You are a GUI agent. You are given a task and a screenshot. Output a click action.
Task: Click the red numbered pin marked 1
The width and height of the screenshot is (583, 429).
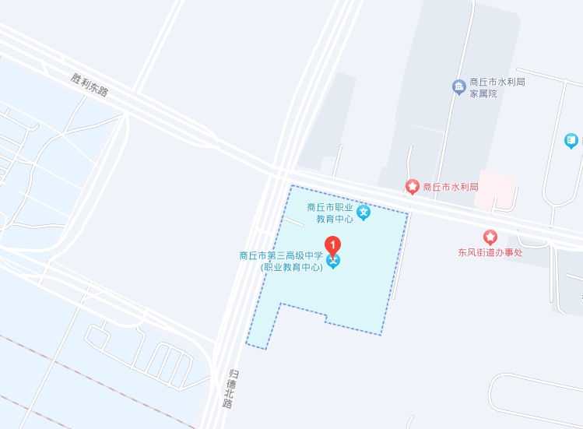333,244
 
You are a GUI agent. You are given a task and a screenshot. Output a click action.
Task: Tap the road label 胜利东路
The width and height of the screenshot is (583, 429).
89,84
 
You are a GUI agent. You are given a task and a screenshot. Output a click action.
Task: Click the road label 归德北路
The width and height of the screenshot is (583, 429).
227,387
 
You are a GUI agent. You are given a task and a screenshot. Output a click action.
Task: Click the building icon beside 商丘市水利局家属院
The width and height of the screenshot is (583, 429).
458,86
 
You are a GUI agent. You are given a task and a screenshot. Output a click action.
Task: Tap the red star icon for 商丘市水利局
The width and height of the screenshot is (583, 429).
412,186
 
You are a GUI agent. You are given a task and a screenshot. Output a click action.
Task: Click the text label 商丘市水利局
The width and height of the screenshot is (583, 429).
448,187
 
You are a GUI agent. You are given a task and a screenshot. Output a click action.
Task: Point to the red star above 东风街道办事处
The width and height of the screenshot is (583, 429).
490,237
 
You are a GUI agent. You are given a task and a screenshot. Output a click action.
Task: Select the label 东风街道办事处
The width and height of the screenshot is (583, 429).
490,252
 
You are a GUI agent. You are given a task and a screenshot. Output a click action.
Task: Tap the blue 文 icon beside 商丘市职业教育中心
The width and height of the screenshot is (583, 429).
363,212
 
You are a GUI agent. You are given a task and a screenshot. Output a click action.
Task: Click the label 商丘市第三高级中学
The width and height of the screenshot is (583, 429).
280,255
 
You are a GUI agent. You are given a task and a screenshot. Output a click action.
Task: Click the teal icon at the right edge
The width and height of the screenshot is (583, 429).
572,141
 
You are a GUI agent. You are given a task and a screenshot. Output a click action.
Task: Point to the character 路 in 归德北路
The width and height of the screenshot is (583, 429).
227,403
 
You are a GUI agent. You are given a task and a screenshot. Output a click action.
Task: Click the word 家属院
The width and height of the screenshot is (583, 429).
483,93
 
